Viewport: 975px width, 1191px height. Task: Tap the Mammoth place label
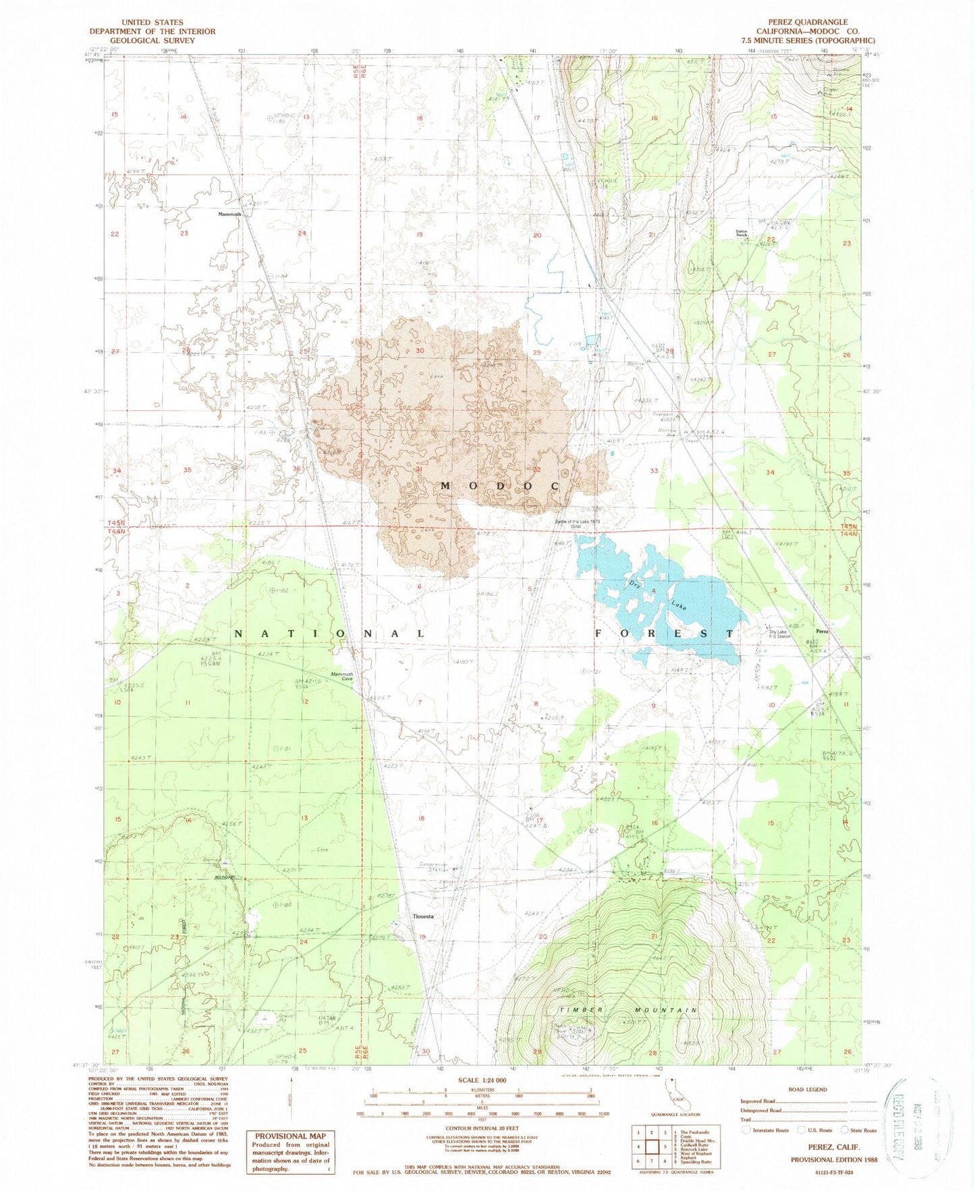(229, 215)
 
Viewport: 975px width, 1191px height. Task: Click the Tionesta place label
(423, 916)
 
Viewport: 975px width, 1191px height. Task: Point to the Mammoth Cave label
(341, 676)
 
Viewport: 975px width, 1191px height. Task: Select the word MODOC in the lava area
(500, 486)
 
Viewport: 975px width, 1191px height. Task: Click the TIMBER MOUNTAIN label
(627, 1010)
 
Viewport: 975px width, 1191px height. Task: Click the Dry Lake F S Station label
(774, 634)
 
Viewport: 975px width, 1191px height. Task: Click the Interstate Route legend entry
(769, 1130)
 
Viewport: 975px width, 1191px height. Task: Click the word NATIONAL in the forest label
(330, 634)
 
